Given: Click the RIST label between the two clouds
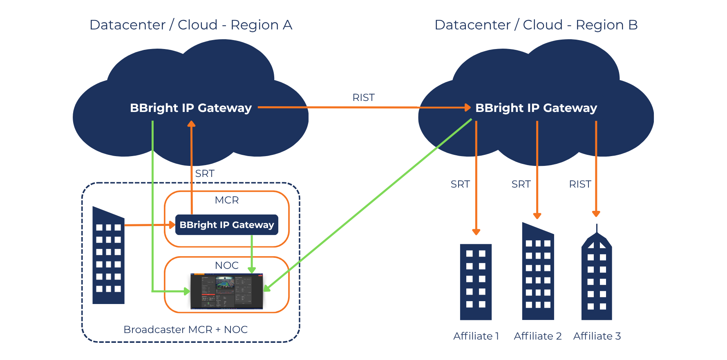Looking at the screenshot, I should point(363,98).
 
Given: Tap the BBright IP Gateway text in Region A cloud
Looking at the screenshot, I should point(190,108).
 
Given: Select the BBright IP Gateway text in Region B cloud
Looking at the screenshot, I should point(536,108).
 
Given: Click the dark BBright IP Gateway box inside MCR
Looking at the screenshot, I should point(226,225).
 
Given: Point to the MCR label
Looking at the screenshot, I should point(226,200).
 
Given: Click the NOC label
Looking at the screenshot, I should point(226,266).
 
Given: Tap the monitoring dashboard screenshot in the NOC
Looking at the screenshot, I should point(226,291).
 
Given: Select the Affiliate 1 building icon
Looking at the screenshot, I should point(476,282).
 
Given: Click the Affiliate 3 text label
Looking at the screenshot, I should point(597,336).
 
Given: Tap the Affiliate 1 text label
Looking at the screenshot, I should point(476,336).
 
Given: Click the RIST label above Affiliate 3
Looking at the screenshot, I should point(580,184).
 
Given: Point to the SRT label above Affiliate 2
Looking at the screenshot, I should point(521,184).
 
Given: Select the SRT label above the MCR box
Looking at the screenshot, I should point(205,174).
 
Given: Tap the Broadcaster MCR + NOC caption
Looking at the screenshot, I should point(186,330).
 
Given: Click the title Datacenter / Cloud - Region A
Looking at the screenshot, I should point(191,25).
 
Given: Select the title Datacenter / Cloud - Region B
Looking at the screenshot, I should point(536,25).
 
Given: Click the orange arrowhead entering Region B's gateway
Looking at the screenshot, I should point(468,107).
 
